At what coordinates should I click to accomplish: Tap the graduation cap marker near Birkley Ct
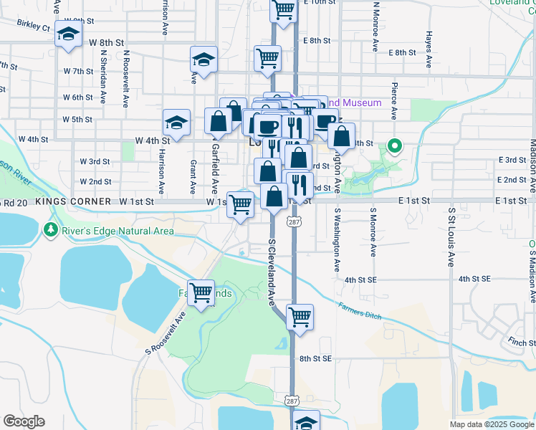point(68,34)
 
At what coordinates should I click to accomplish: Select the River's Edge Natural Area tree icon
point(50,230)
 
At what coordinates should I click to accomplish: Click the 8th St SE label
point(316,358)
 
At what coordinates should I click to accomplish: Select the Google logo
point(24,421)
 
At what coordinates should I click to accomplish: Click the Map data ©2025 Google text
point(491,424)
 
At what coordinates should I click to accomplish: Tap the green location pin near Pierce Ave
point(394,147)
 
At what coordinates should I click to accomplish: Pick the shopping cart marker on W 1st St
point(241,203)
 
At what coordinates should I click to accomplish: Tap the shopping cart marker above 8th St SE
point(300,316)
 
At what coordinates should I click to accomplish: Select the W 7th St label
point(78,72)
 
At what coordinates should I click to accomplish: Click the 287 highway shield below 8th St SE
point(292,400)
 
